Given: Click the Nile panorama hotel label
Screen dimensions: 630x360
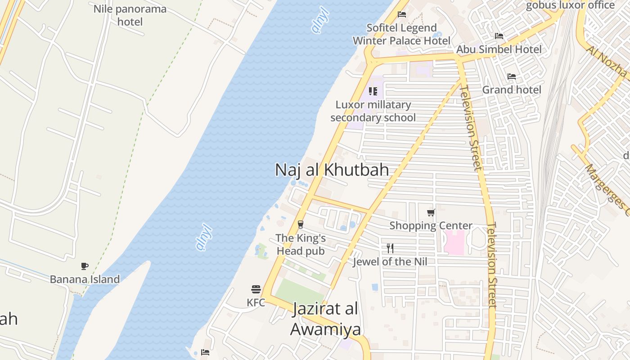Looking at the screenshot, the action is pos(130,15).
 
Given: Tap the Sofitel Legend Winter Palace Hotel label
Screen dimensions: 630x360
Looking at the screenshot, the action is pos(401,34).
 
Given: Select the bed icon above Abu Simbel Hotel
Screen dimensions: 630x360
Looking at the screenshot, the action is pos(499,36).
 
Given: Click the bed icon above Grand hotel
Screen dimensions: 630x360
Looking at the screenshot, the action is pos(512,76).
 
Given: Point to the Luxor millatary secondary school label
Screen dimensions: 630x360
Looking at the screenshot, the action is pos(373,111).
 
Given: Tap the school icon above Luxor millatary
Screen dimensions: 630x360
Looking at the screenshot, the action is pos(373,91).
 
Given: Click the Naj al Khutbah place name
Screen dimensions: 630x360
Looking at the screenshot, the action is pos(332,170).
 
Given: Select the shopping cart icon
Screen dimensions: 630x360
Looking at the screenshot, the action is pos(431,212).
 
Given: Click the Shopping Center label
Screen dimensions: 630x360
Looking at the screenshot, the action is pos(431,225).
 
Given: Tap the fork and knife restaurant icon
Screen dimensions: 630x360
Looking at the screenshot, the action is pos(390,248).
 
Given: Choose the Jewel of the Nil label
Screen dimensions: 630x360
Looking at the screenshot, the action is pos(390,261).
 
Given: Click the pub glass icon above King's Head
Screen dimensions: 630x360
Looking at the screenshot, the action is pos(301,224).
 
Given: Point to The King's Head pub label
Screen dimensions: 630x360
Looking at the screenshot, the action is pos(300,244).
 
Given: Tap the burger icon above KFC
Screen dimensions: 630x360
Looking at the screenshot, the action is pos(256,289).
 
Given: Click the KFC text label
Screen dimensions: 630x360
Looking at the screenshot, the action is pos(256,303).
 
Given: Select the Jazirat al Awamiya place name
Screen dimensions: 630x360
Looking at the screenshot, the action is pos(325,319).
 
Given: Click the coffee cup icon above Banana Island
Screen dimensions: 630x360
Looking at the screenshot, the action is pos(85,266).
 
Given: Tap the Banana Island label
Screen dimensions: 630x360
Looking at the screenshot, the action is pos(85,279).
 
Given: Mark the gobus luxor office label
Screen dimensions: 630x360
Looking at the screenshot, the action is pos(570,5).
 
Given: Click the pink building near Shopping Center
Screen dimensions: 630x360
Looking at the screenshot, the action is pos(454,242).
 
